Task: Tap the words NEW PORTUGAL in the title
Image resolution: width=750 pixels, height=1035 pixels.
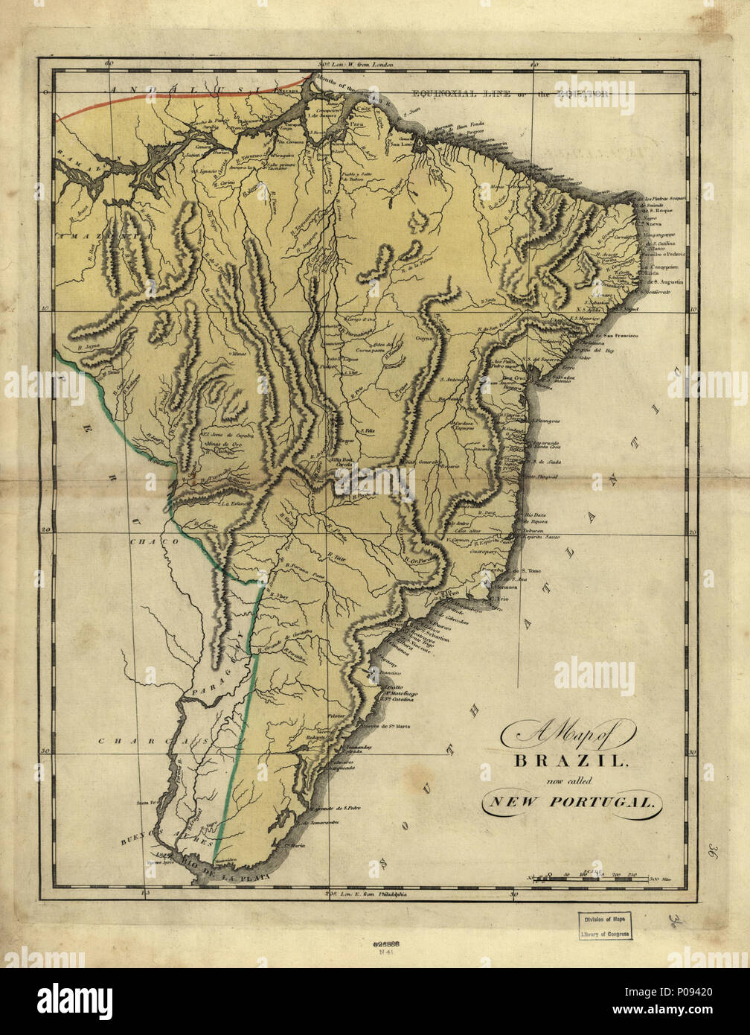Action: [570, 802]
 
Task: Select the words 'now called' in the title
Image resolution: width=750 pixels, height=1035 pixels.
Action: [567, 780]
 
